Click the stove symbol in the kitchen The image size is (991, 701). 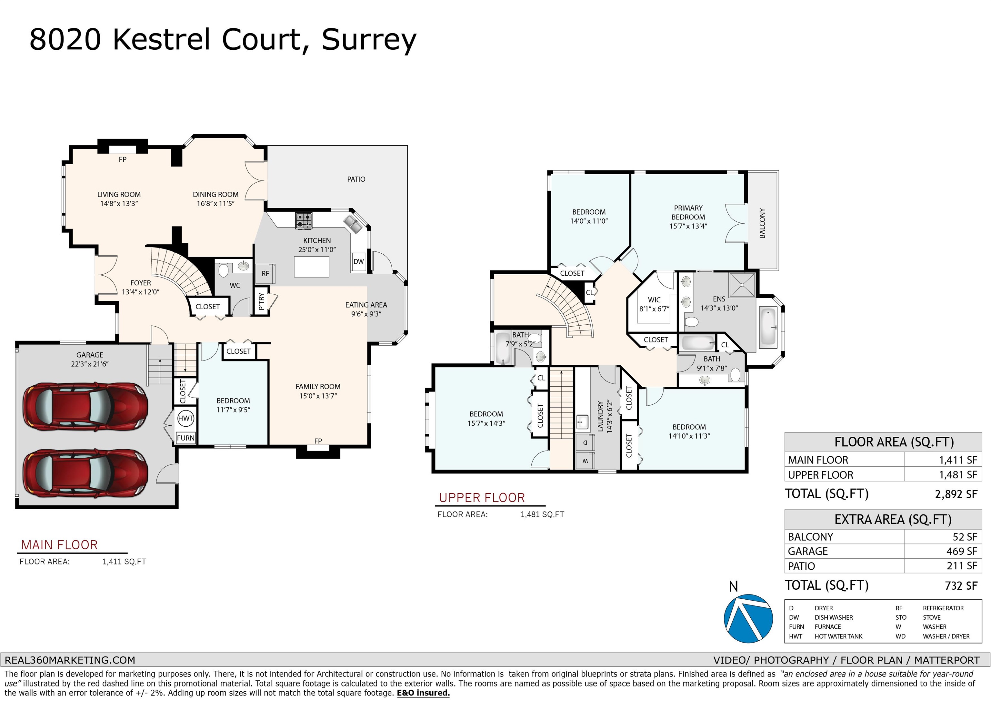[x=304, y=221]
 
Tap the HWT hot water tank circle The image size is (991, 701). [x=185, y=418]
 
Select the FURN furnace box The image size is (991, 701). [x=185, y=438]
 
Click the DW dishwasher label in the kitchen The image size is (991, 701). [x=358, y=261]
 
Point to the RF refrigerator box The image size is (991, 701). [x=265, y=273]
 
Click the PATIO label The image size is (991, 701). [x=356, y=179]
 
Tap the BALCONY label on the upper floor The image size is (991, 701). [x=762, y=223]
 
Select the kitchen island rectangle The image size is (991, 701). [x=311, y=267]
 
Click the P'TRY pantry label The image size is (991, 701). [x=261, y=301]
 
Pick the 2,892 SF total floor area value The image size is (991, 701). [x=956, y=494]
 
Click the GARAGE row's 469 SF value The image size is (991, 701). [x=962, y=551]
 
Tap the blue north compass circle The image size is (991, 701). [x=748, y=618]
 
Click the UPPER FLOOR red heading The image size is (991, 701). [x=482, y=498]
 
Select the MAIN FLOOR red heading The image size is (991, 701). [x=60, y=545]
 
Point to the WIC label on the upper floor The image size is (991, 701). [x=654, y=300]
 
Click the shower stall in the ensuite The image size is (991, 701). [x=742, y=285]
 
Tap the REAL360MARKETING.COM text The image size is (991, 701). [x=70, y=660]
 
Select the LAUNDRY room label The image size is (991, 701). [x=600, y=416]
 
